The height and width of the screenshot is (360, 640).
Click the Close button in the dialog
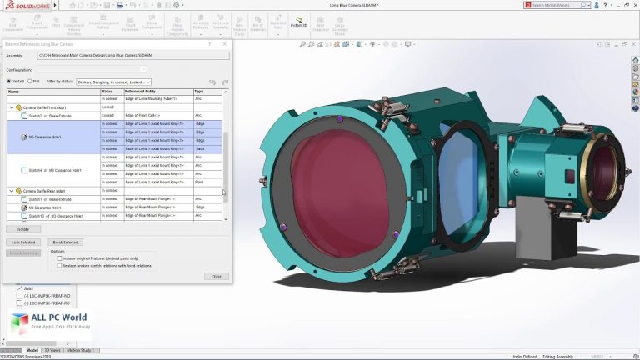(216, 276)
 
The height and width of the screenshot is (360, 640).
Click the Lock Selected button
(23, 242)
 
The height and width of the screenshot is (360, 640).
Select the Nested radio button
(9, 81)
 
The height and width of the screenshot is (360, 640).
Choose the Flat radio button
(29, 81)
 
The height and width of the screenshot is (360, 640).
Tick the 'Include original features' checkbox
(58, 258)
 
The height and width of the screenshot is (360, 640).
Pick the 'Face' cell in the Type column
(200, 148)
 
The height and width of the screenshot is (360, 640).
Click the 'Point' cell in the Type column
(200, 181)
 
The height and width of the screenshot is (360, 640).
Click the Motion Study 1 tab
(81, 350)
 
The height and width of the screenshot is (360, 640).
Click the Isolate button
(23, 228)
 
